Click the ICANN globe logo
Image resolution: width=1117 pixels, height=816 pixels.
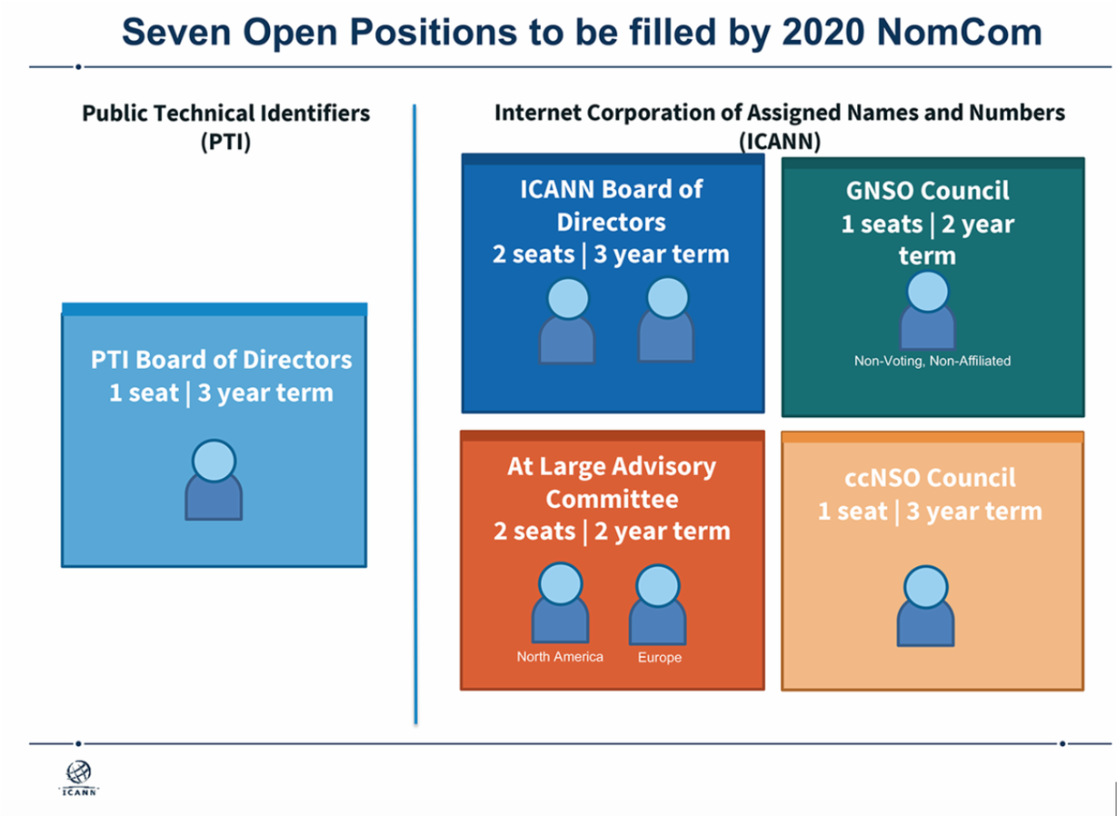pyautogui.click(x=79, y=778)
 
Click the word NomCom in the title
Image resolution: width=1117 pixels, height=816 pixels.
pyautogui.click(x=960, y=33)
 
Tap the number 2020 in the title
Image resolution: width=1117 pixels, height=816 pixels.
pyautogui.click(x=823, y=33)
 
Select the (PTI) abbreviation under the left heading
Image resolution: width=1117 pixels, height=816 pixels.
pyautogui.click(x=226, y=142)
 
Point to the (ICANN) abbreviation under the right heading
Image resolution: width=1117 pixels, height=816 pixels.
pyautogui.click(x=780, y=142)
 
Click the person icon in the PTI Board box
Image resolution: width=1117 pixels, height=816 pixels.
pyautogui.click(x=214, y=480)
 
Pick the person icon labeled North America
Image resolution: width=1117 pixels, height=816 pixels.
pyautogui.click(x=560, y=603)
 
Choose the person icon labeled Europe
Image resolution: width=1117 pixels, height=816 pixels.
pyautogui.click(x=658, y=604)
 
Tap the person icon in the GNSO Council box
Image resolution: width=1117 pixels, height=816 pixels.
pyautogui.click(x=927, y=310)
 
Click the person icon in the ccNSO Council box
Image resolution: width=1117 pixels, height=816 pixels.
pyautogui.click(x=925, y=605)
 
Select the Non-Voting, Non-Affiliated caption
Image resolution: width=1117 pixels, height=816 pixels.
pyautogui.click(x=933, y=360)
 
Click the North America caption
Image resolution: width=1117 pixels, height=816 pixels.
pyautogui.click(x=560, y=657)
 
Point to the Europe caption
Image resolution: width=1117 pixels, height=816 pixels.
pyautogui.click(x=660, y=658)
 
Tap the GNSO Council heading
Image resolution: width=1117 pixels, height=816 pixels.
pyautogui.click(x=927, y=191)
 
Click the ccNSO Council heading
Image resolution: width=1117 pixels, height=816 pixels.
pyautogui.click(x=930, y=478)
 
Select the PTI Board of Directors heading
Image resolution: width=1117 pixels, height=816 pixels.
pyautogui.click(x=222, y=360)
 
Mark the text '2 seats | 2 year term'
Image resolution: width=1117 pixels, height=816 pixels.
pyautogui.click(x=612, y=532)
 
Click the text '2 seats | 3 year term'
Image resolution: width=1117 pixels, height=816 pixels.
pyautogui.click(x=612, y=254)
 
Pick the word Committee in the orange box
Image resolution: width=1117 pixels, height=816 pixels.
pyautogui.click(x=612, y=499)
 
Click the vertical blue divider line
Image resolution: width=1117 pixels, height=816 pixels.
pyautogui.click(x=415, y=415)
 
